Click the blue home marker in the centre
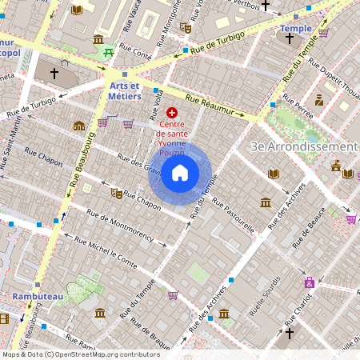(x=180, y=172)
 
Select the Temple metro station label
(x=296, y=29)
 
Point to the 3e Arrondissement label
(x=304, y=146)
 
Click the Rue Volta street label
(x=158, y=102)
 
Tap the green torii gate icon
(x=108, y=53)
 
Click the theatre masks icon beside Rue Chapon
(x=116, y=193)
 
